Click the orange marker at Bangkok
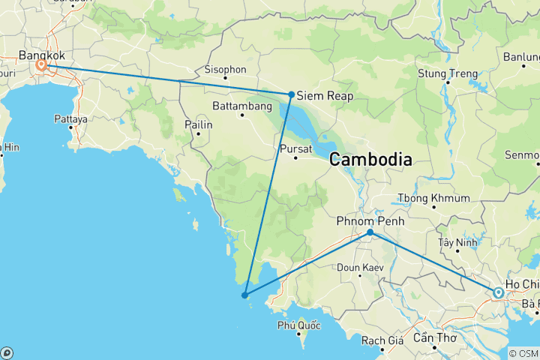[x=41, y=65]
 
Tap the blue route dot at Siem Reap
[x=291, y=94]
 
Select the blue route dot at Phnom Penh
[x=370, y=232]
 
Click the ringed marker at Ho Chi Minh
[x=498, y=292]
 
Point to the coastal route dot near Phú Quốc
[x=245, y=295]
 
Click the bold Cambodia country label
[x=370, y=160]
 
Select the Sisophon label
[x=225, y=70]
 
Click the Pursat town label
[x=294, y=148]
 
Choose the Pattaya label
[x=70, y=118]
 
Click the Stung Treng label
[x=448, y=73]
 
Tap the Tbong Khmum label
[x=433, y=198]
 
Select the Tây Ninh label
[x=457, y=242]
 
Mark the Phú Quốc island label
[x=298, y=325]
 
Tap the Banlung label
[x=520, y=56]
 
